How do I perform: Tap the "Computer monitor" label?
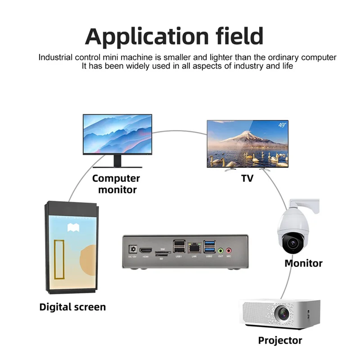point(116,184)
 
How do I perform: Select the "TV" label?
point(247,178)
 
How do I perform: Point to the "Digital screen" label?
point(72,307)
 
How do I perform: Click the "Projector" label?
point(280,340)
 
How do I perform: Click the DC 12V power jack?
point(133,249)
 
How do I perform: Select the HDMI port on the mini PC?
point(146,250)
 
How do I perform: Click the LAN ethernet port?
point(194,247)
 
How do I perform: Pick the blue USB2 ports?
point(209,247)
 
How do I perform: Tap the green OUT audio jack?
point(220,250)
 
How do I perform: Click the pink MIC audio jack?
point(229,250)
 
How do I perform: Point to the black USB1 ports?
point(179,247)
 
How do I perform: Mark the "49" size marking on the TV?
point(282,126)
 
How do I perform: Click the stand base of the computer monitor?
point(117,167)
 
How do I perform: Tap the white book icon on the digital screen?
point(72,228)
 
